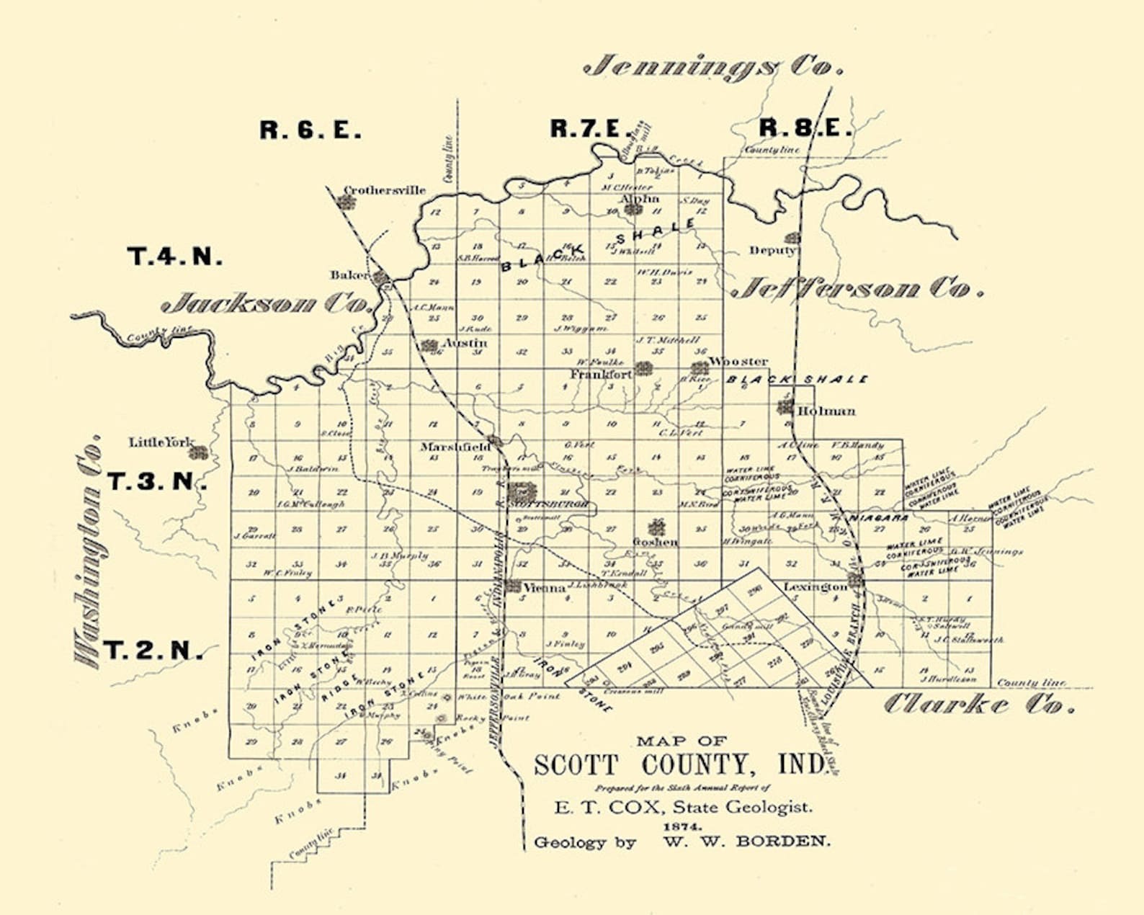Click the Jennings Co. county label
click(x=713, y=67)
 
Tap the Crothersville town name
click(x=384, y=191)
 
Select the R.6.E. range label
click(x=310, y=130)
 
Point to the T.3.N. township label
click(x=156, y=481)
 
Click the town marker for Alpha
click(x=633, y=210)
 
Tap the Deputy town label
click(x=772, y=250)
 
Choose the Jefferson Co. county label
click(x=857, y=289)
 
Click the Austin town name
click(x=465, y=344)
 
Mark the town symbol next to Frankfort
click(x=643, y=369)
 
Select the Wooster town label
click(x=738, y=362)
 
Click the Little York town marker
click(x=200, y=453)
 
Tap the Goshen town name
click(x=655, y=542)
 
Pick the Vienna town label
click(x=544, y=588)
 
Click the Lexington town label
click(x=815, y=587)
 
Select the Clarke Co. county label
click(x=978, y=704)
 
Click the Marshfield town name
click(x=455, y=447)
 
